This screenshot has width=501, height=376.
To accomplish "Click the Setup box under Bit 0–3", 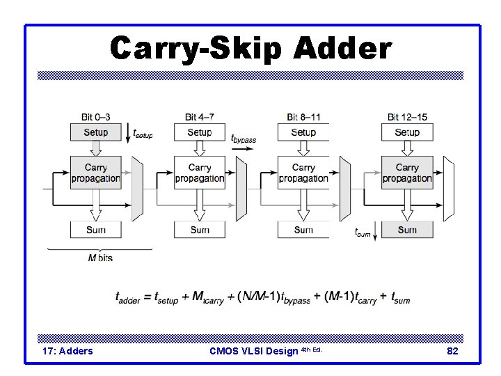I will [96, 132].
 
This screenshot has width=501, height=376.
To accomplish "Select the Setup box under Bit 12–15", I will [407, 132].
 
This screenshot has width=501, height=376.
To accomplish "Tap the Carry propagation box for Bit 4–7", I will [200, 173].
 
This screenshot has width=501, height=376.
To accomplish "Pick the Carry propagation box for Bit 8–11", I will [303, 173].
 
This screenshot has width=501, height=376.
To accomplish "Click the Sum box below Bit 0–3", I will [96, 230].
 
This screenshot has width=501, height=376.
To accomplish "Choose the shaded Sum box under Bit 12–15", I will [407, 230].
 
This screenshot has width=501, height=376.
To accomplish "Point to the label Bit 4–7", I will [200, 116].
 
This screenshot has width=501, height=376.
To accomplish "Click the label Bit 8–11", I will [303, 116].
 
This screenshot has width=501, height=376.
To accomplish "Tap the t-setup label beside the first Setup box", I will [143, 132].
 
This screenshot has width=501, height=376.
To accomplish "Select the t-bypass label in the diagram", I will [244, 138].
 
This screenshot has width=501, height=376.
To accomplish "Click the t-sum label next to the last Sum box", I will [363, 233].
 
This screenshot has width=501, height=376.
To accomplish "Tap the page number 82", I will [452, 351].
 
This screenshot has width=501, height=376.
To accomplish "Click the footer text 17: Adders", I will [67, 351].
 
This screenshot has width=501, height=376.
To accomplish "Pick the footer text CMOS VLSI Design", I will [254, 351].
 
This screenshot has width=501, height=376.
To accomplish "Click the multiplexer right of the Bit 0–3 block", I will [136, 185].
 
